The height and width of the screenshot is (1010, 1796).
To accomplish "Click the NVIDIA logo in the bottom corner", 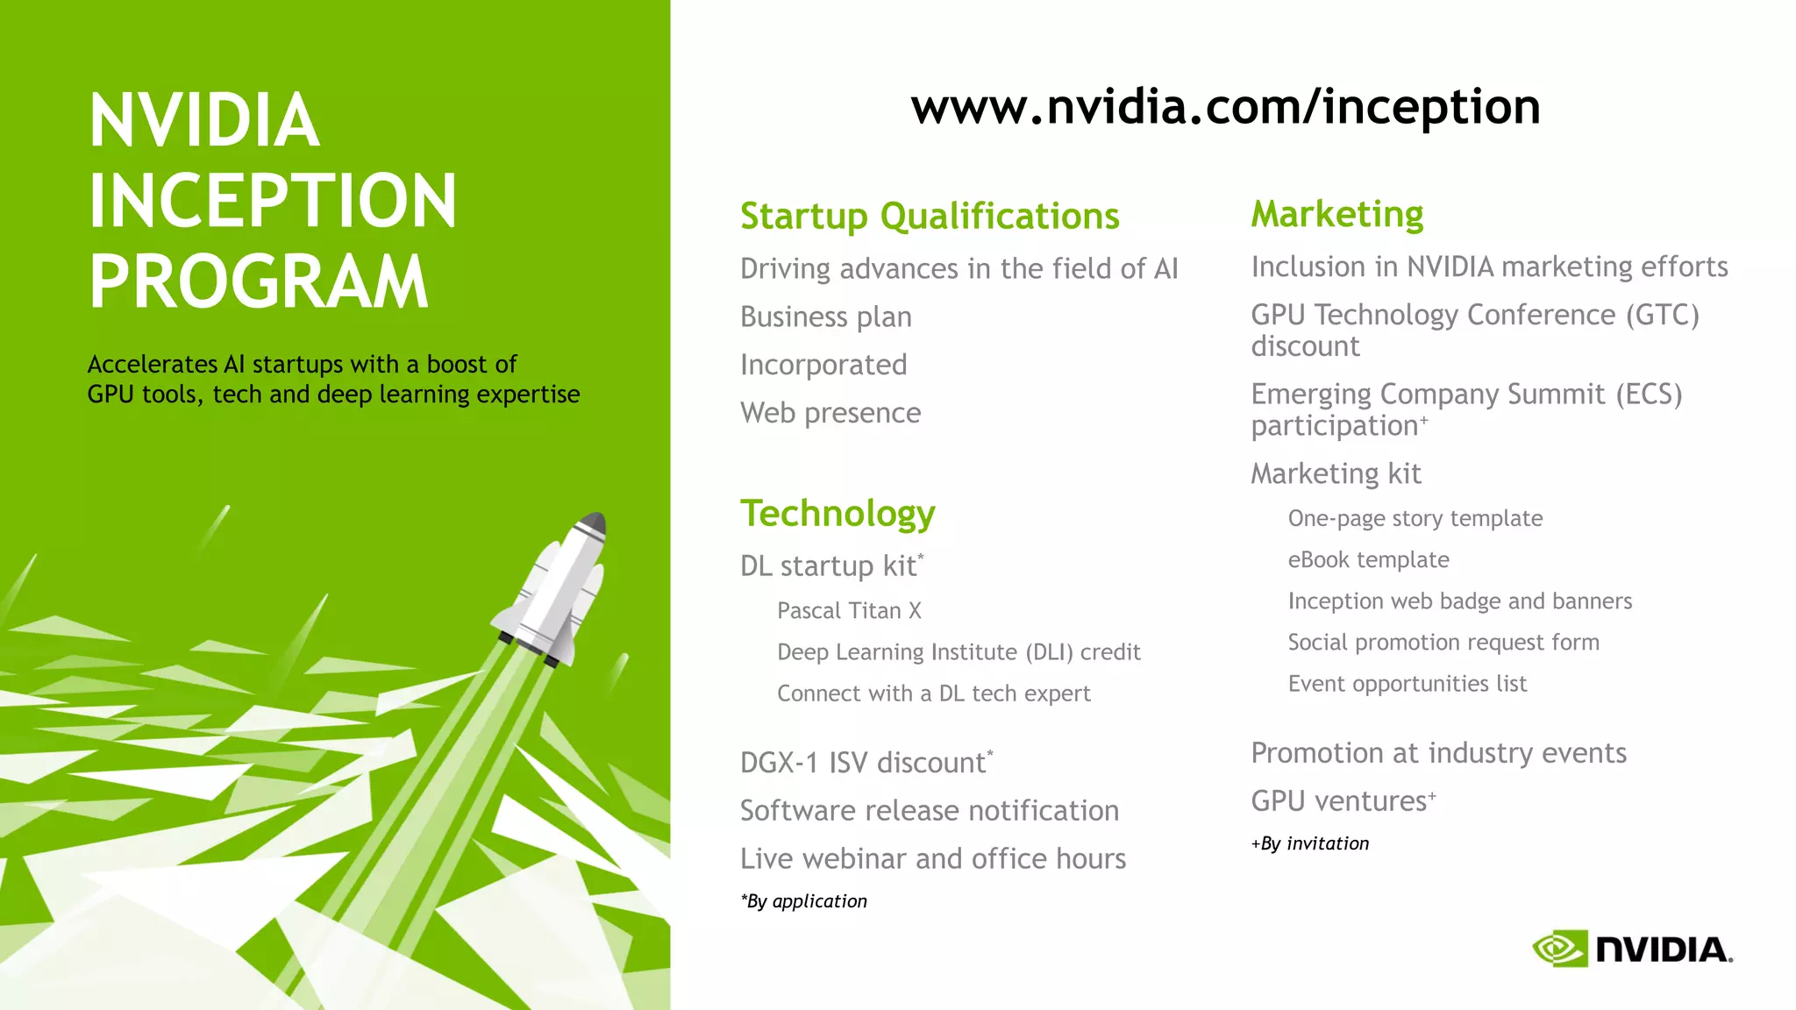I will click(1632, 949).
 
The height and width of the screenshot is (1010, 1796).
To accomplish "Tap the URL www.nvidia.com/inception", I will click(1225, 107).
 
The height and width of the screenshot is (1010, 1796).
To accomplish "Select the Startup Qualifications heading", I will click(930, 217).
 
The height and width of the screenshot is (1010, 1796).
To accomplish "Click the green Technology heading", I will click(837, 514).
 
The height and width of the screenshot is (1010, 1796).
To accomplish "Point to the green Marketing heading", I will click(1336, 215).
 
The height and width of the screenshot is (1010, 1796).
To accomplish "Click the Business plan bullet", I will click(825, 317).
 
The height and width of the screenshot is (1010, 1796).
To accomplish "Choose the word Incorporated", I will click(823, 365).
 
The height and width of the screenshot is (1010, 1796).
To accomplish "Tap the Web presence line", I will click(830, 413).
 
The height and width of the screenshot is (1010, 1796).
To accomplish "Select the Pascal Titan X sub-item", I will click(848, 611).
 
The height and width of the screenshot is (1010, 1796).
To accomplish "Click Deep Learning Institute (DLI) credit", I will click(958, 652).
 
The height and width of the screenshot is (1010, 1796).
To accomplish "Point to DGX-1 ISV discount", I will click(865, 763).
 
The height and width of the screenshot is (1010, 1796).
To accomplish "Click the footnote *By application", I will click(803, 901).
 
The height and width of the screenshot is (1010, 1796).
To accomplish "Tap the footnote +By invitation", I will click(1309, 843).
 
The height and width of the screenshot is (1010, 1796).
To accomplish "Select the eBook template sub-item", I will click(1368, 560).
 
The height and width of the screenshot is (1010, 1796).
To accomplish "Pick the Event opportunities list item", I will click(1407, 684).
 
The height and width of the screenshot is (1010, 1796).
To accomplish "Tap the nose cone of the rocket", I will click(594, 523).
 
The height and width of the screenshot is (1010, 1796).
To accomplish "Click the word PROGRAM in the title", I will click(259, 282).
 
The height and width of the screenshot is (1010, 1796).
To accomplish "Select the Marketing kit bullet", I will click(1335, 474).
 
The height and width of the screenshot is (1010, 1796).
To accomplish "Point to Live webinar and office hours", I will click(932, 859).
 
